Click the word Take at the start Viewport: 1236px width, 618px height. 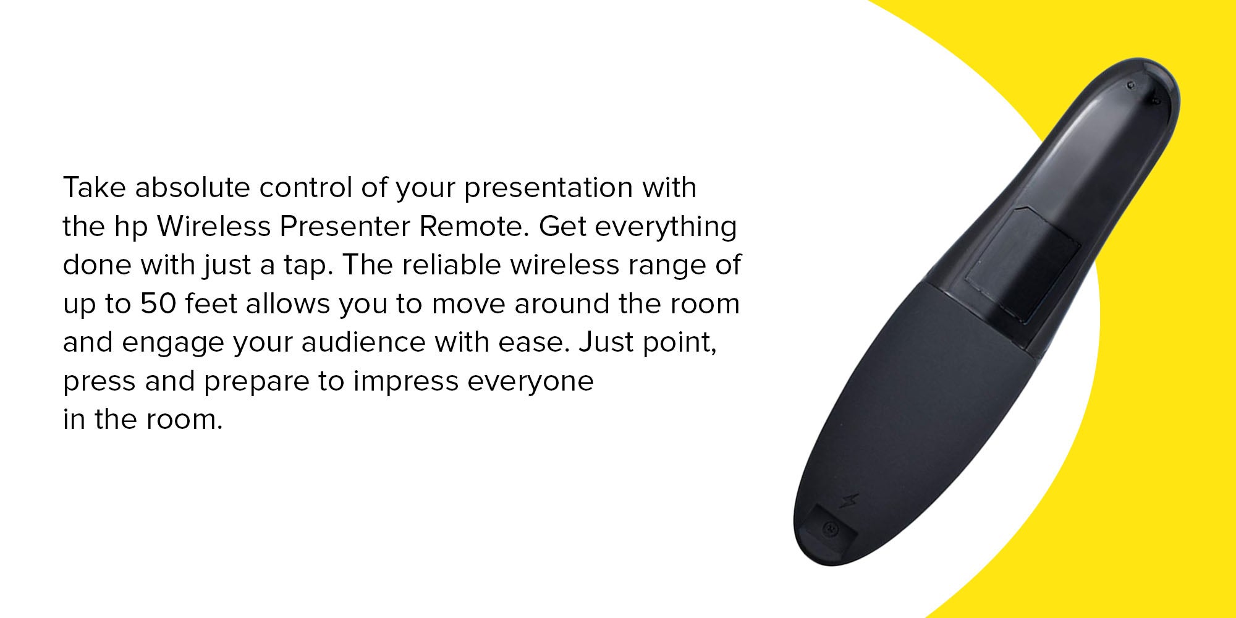94,188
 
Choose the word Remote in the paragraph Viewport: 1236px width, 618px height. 475,226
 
